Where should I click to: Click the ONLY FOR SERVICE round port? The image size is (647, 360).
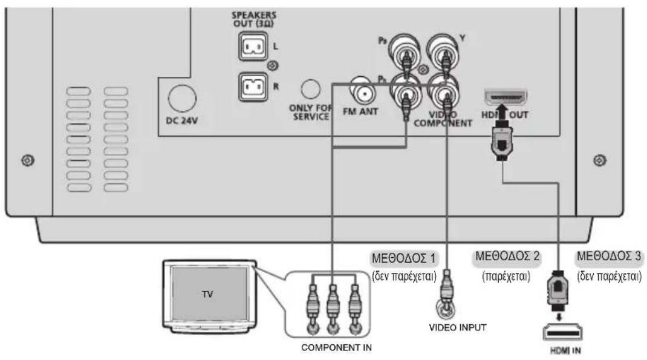311,89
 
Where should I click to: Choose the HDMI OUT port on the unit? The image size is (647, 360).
506,97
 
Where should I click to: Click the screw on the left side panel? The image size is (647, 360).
25,160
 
